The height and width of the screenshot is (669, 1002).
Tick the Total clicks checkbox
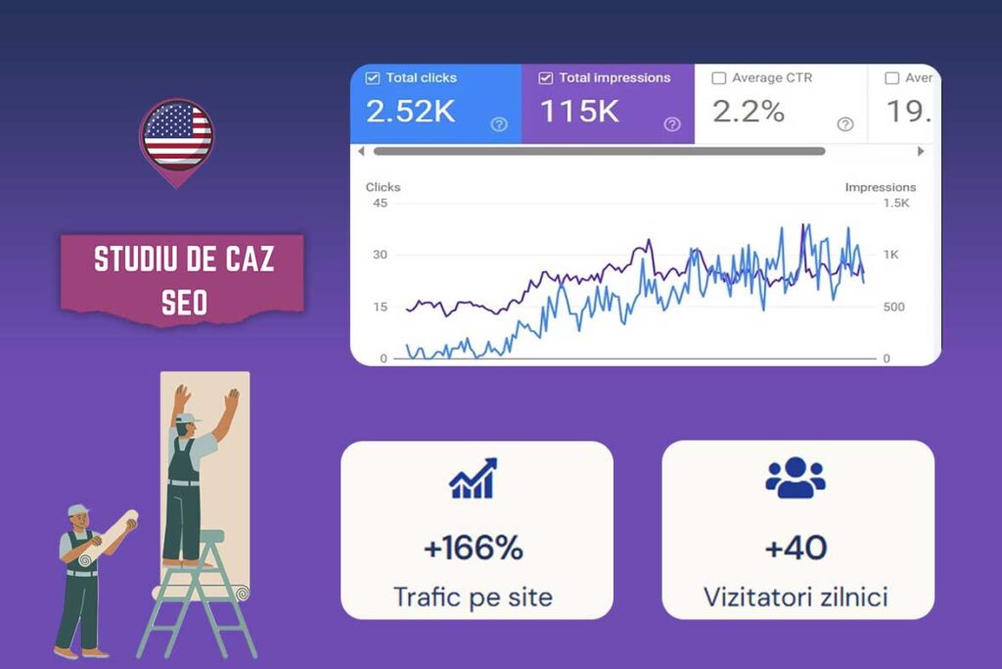click(x=373, y=77)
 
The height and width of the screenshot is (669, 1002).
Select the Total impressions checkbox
click(x=546, y=77)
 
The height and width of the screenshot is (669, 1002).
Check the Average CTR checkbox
click(x=719, y=78)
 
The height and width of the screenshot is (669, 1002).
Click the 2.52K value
click(x=411, y=112)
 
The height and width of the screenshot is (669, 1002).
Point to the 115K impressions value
click(x=579, y=112)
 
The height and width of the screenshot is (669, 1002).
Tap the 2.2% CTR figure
click(x=749, y=112)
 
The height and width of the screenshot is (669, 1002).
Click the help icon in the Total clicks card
click(x=499, y=124)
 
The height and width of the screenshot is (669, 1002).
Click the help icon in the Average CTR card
click(x=845, y=124)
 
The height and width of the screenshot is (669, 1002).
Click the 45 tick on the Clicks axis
click(x=380, y=203)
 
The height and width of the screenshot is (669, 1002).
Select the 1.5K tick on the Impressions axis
click(x=895, y=203)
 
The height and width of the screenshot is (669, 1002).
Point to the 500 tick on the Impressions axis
click(x=892, y=307)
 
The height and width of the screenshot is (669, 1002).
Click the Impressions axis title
click(x=880, y=187)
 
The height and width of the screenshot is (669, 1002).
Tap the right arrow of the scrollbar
click(x=920, y=151)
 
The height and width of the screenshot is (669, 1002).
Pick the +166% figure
click(x=474, y=549)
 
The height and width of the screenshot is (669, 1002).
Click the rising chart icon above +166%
click(x=473, y=479)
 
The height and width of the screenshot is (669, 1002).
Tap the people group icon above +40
click(x=796, y=477)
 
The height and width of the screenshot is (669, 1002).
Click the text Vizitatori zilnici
click(x=797, y=596)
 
